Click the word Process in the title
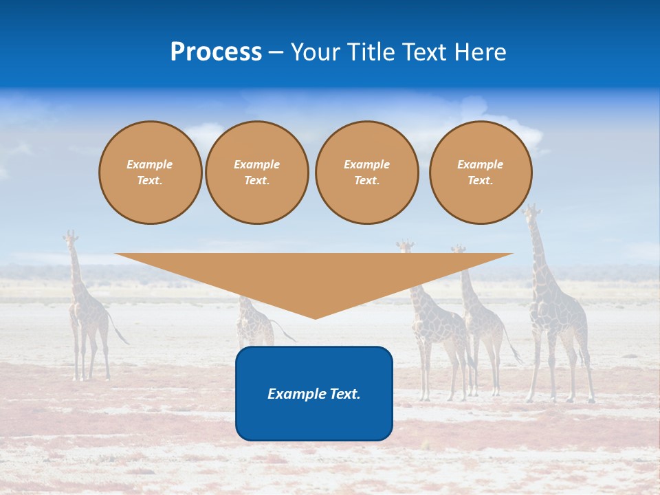(x=216, y=52)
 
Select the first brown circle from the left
(x=150, y=173)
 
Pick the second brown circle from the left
(x=257, y=173)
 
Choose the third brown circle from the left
(x=366, y=173)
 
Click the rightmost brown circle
(x=481, y=173)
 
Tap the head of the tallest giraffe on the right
(x=530, y=210)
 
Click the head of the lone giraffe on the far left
(x=69, y=239)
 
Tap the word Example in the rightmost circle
(x=480, y=164)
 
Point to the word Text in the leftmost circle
(x=150, y=181)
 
